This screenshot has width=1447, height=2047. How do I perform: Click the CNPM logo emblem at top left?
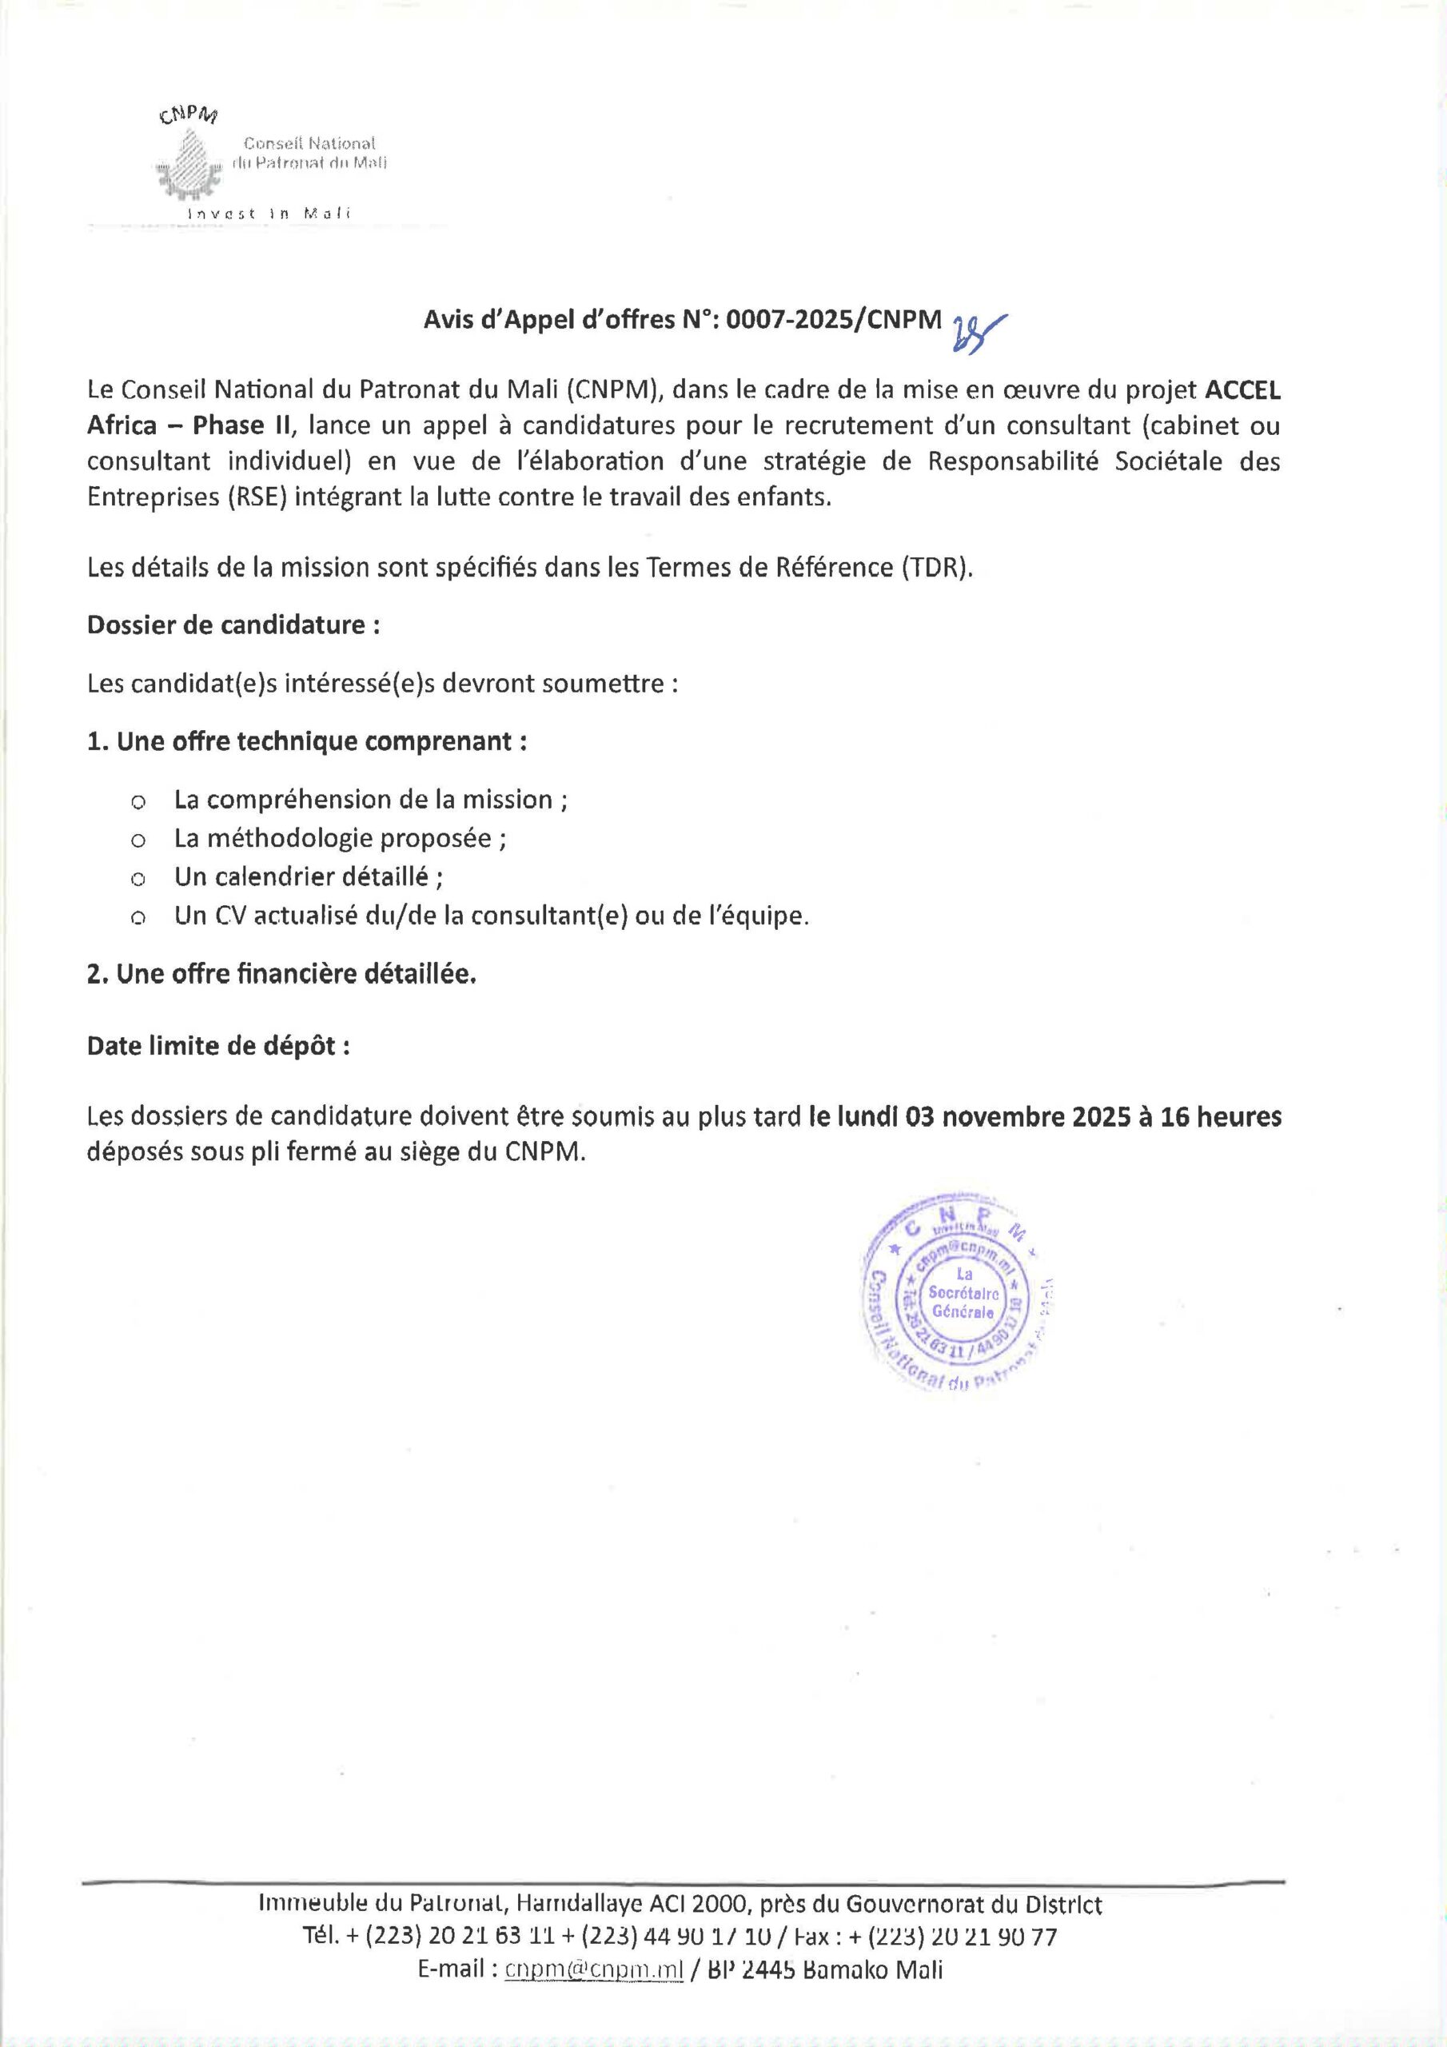click(x=188, y=163)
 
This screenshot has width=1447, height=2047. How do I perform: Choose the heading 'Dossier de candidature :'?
click(x=233, y=625)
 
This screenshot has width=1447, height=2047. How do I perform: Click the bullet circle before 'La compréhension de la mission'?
click(x=138, y=802)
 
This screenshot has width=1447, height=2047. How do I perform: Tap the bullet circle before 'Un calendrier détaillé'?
click(x=138, y=880)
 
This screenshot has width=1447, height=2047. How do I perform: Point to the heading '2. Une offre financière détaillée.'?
click(x=281, y=975)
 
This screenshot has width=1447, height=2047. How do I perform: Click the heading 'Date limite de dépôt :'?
click(x=218, y=1046)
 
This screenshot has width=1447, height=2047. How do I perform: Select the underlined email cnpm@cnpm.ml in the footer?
click(x=594, y=1969)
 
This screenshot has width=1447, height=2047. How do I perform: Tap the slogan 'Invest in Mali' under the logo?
click(x=269, y=214)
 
